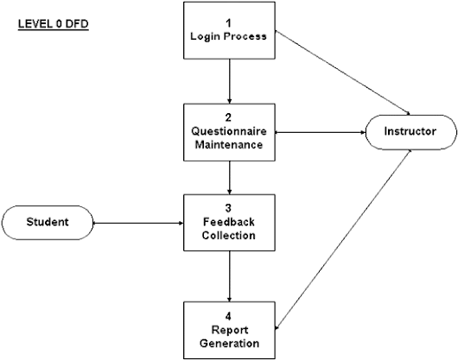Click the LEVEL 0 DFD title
pyautogui.click(x=54, y=24)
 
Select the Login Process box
pyautogui.click(x=229, y=30)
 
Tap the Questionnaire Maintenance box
pyautogui.click(x=229, y=132)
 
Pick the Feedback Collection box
pyautogui.click(x=229, y=223)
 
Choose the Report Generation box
pyautogui.click(x=229, y=331)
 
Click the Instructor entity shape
pyautogui.click(x=410, y=132)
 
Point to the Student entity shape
pyautogui.click(x=48, y=223)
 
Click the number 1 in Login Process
pyautogui.click(x=228, y=23)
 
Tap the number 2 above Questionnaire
pyautogui.click(x=228, y=117)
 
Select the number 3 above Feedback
pyautogui.click(x=228, y=208)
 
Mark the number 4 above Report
pyautogui.click(x=228, y=316)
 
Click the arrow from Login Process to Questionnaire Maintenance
pyautogui.click(x=230, y=81)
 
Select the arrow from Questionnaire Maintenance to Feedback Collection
pyautogui.click(x=230, y=178)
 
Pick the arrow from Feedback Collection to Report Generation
pyautogui.click(x=230, y=276)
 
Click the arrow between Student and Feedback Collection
pyautogui.click(x=138, y=224)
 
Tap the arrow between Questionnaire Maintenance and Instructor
pyautogui.click(x=321, y=132)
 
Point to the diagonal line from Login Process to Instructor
pyautogui.click(x=343, y=73)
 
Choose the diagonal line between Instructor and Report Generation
pyautogui.click(x=343, y=240)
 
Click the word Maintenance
pyautogui.click(x=229, y=145)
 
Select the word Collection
pyautogui.click(x=229, y=236)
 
